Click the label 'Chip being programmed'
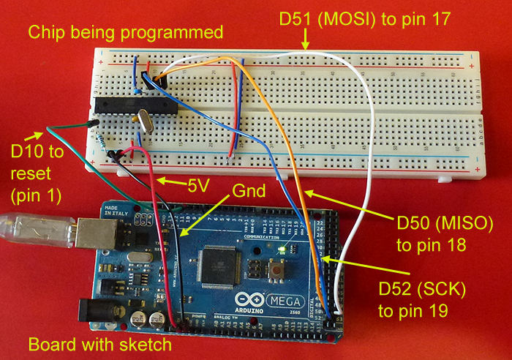coord(124,32)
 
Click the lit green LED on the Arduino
coord(281,250)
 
